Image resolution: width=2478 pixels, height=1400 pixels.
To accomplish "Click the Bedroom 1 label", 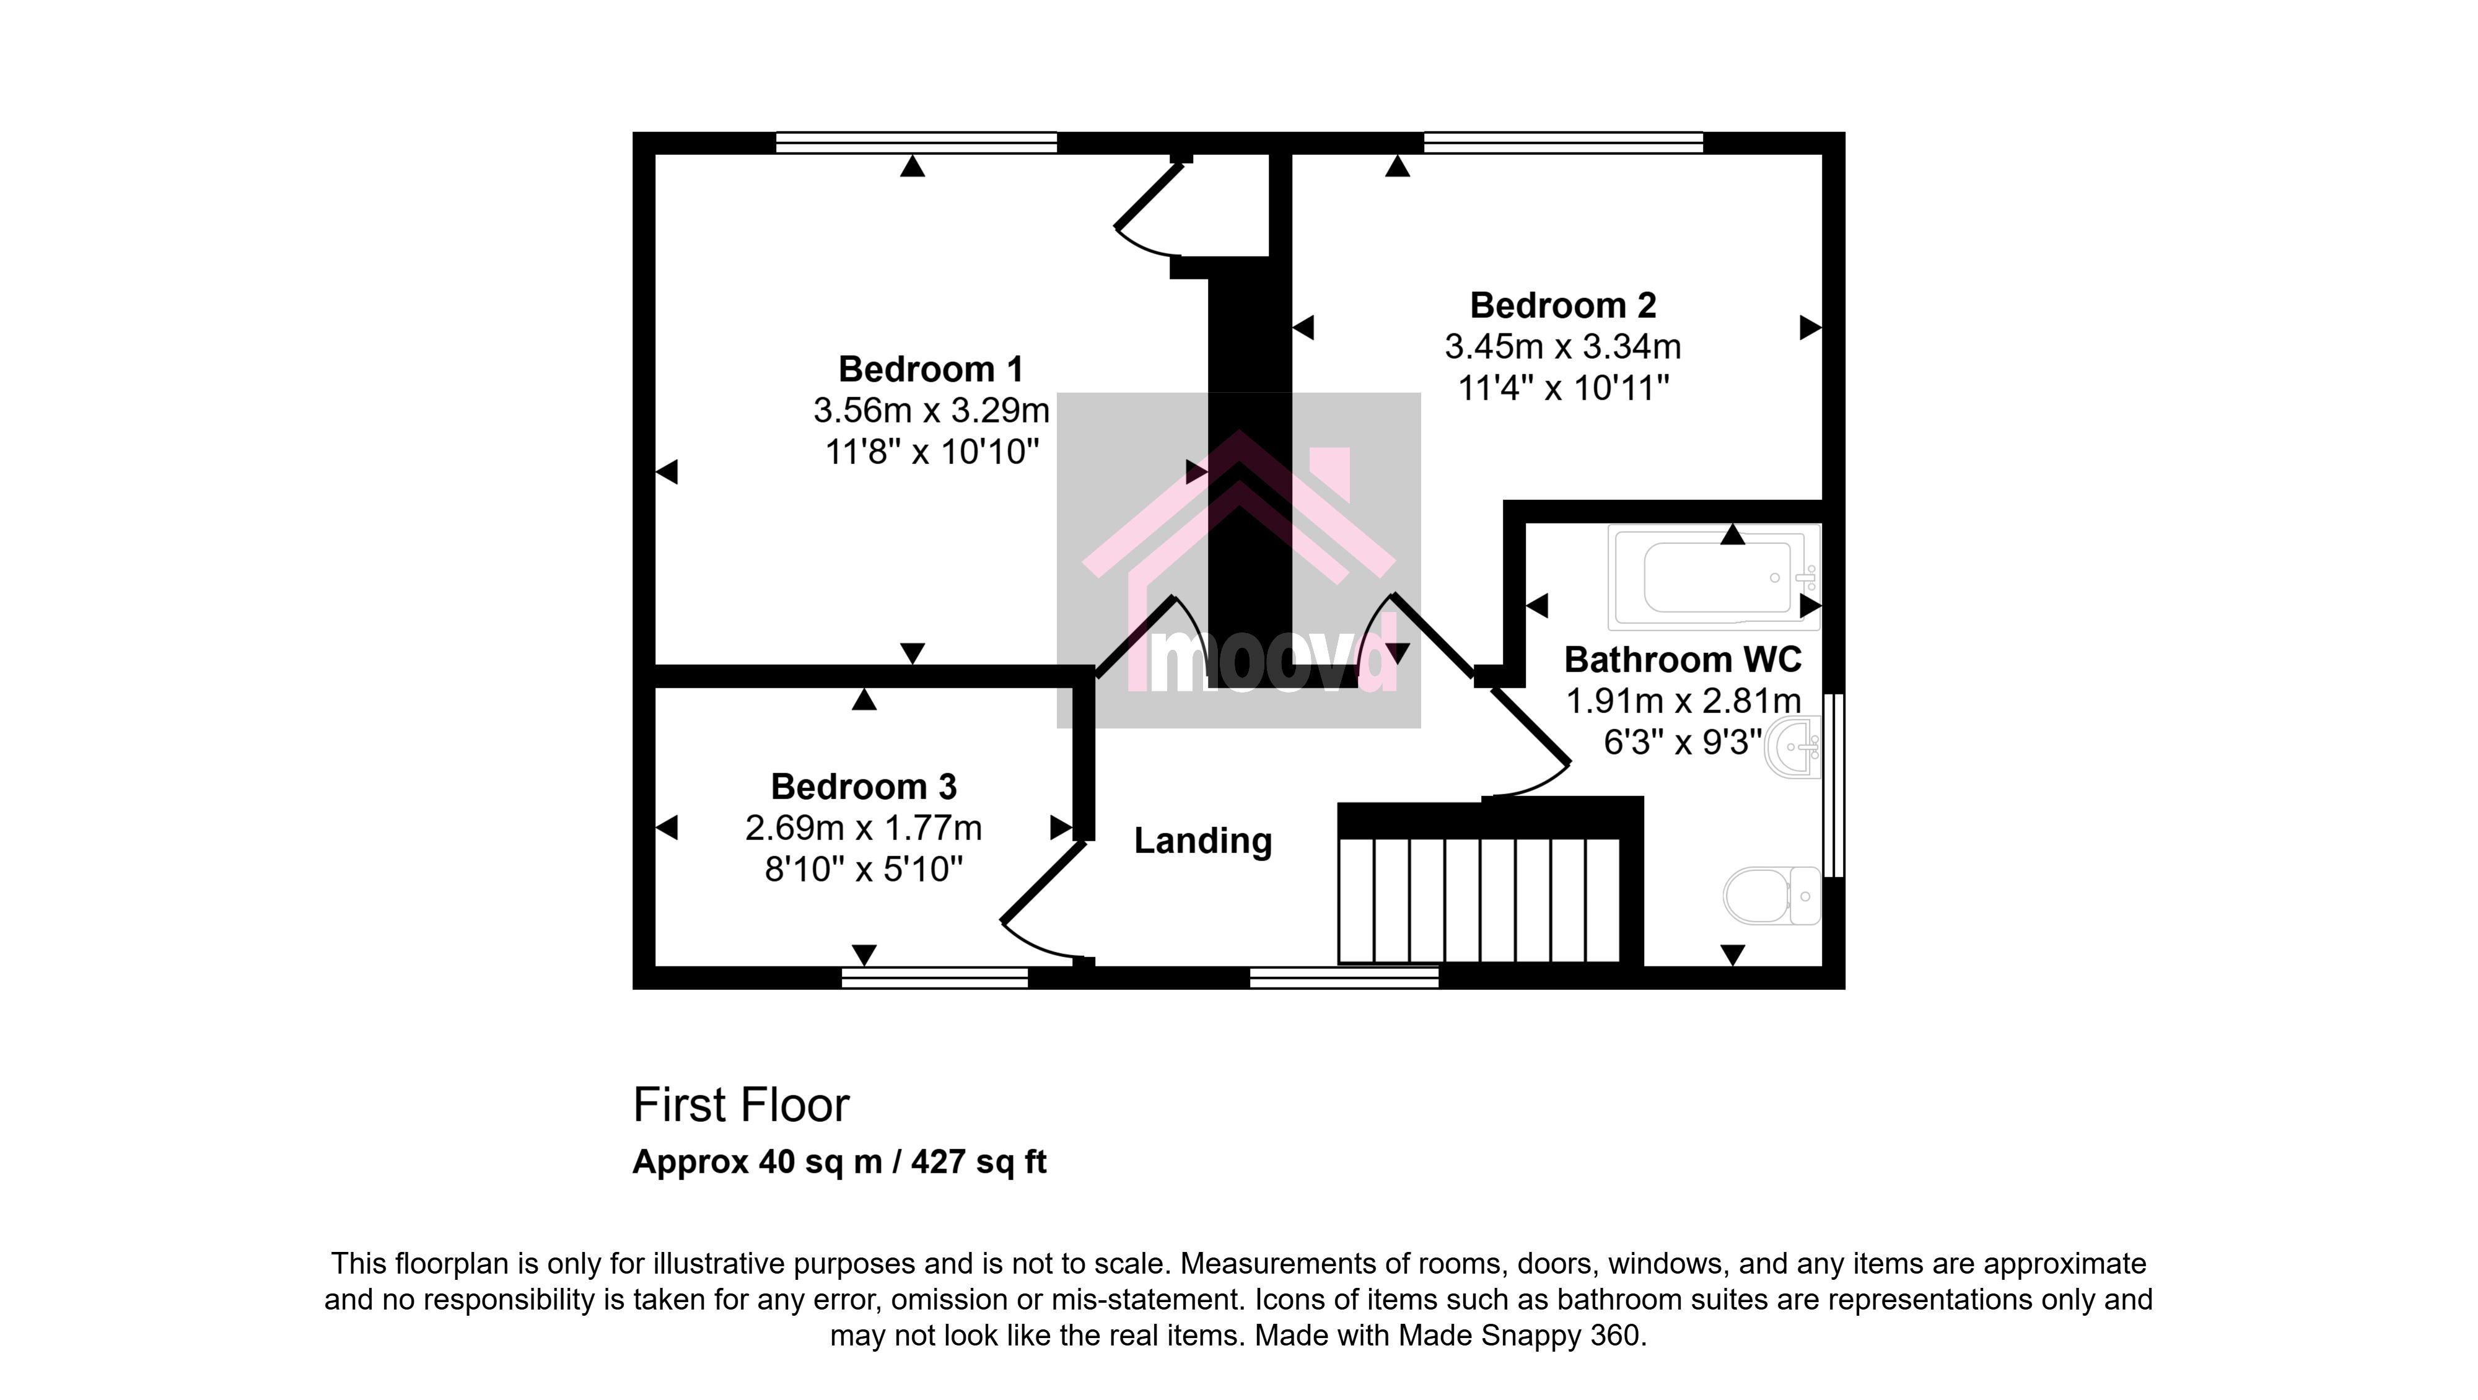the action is [x=930, y=369].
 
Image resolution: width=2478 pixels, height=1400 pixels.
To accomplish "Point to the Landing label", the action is [x=1202, y=841].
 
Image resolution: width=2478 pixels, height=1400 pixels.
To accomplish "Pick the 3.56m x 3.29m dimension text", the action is [x=931, y=411].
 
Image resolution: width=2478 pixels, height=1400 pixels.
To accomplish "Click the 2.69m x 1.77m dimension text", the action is [x=864, y=828].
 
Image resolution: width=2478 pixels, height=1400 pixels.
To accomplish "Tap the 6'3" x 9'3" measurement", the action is [x=1683, y=742].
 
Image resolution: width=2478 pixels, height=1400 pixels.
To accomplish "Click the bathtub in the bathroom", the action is [x=1714, y=577].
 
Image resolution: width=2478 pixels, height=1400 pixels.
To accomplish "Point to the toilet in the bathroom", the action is [x=1772, y=896].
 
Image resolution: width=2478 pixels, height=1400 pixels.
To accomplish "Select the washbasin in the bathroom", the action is [x=1793, y=746].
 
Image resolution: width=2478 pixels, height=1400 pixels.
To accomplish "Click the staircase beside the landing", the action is [x=1479, y=899].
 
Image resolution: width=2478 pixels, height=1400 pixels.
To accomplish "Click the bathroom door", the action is [x=1530, y=731].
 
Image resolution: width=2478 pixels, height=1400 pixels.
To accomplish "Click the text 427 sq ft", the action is [x=978, y=1162].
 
